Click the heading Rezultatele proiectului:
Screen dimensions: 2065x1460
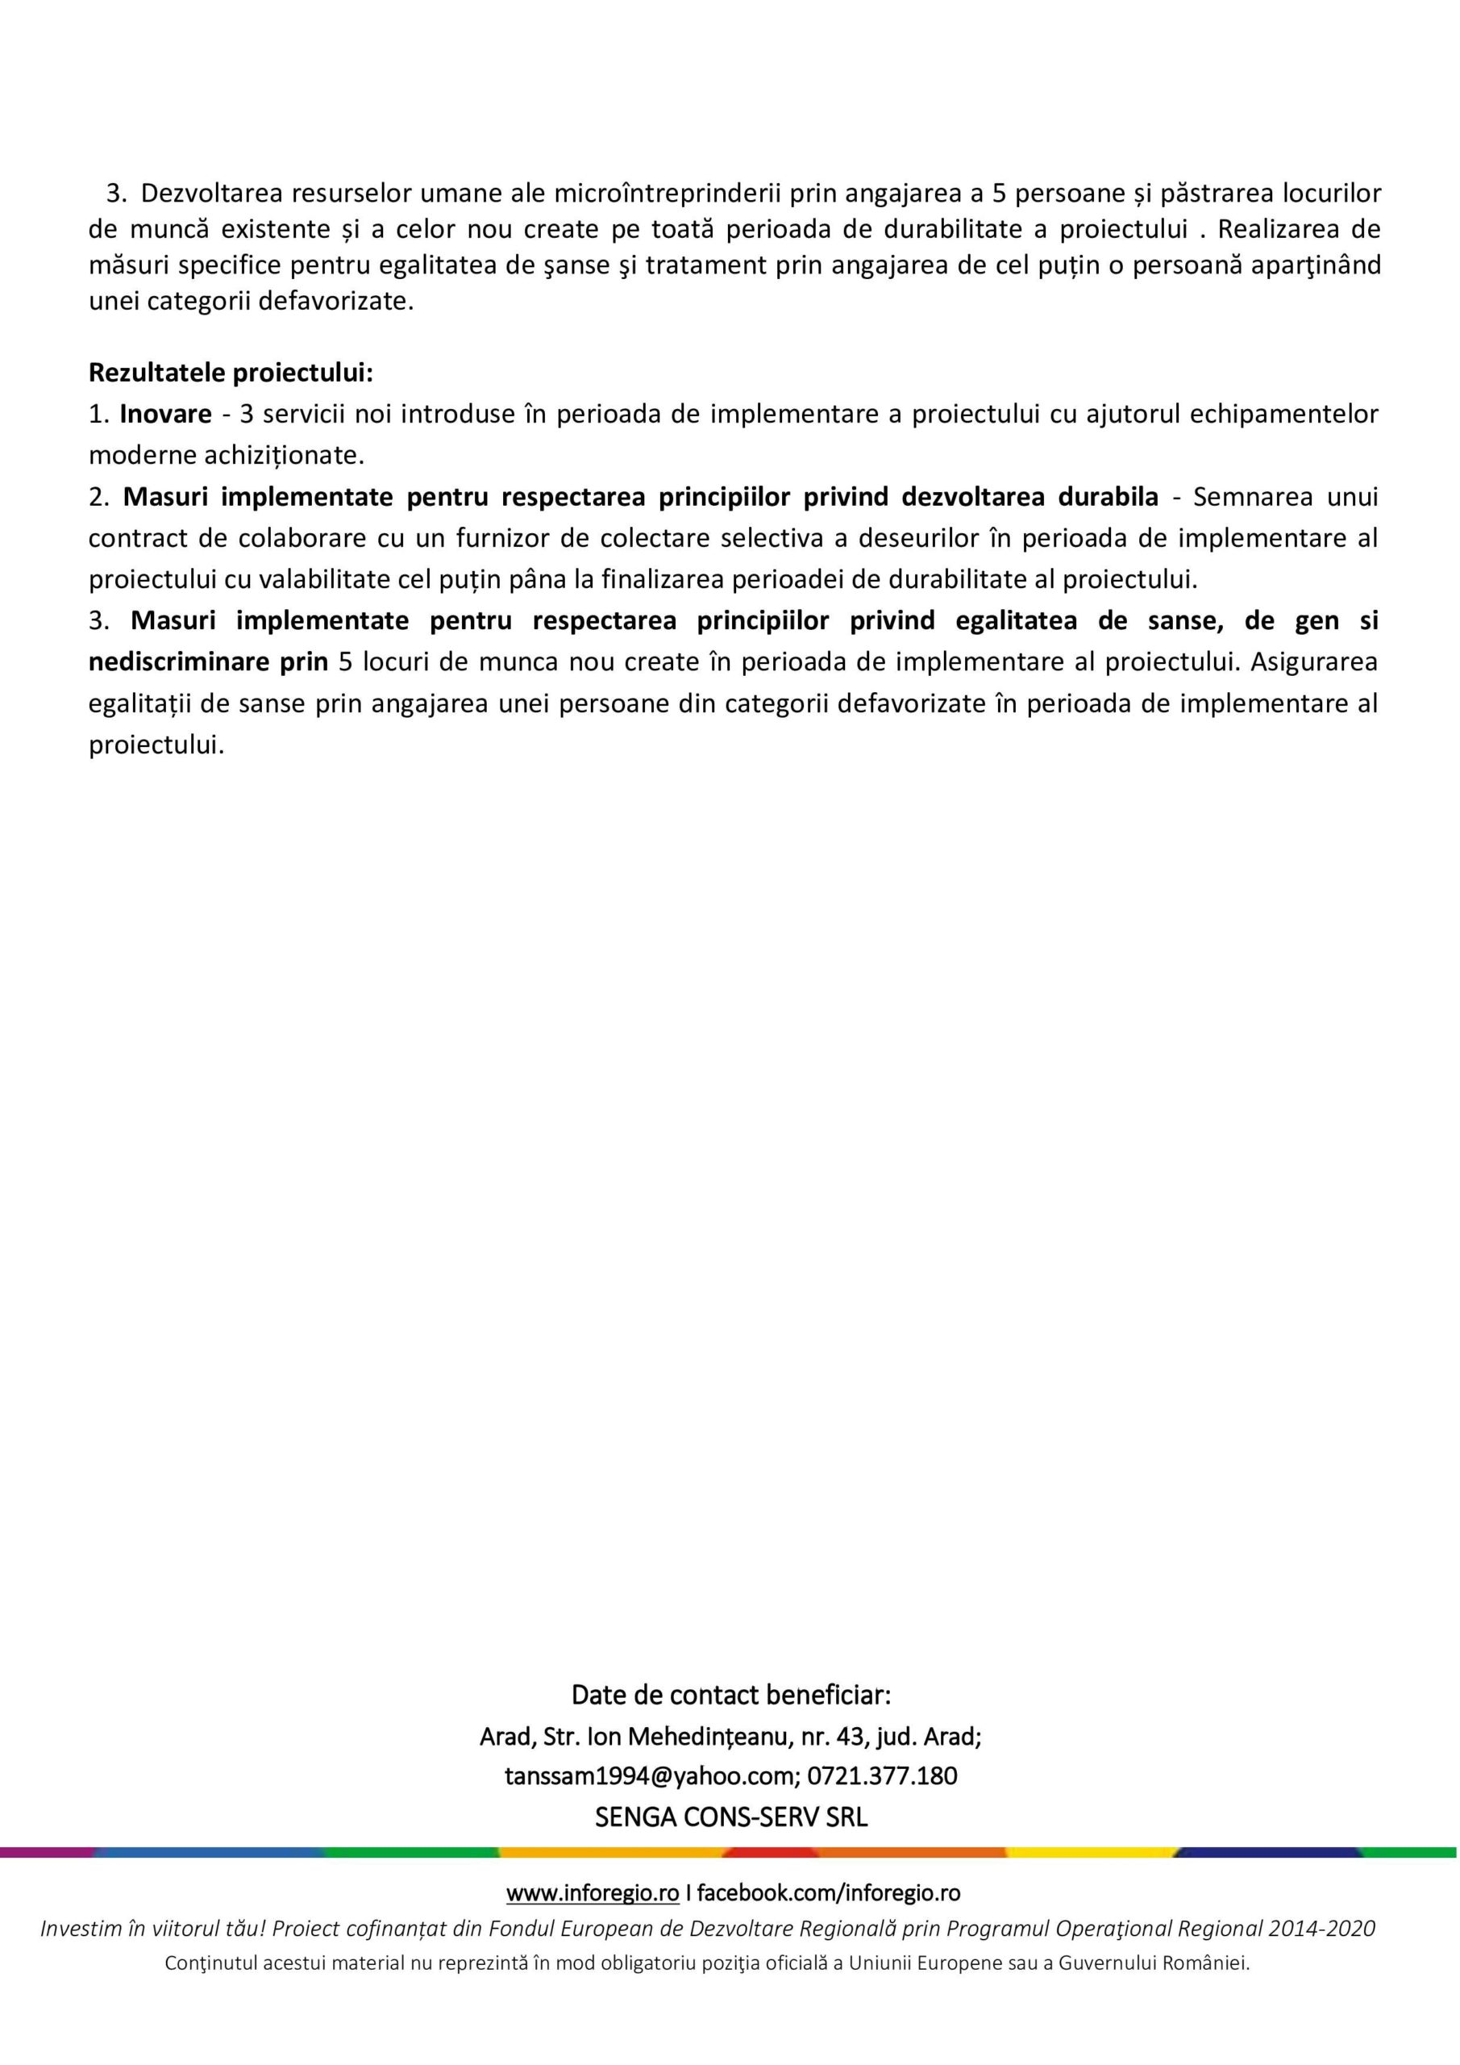tap(230, 373)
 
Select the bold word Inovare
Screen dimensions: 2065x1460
tap(165, 414)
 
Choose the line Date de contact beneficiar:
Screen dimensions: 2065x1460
tap(731, 1696)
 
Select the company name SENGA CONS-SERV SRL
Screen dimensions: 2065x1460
tap(731, 1817)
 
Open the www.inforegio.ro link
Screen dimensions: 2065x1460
tap(593, 1893)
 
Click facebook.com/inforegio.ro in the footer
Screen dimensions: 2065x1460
tap(829, 1893)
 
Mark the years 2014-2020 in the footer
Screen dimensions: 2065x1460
tap(1321, 1929)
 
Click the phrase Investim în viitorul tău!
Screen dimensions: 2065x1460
tap(154, 1929)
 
